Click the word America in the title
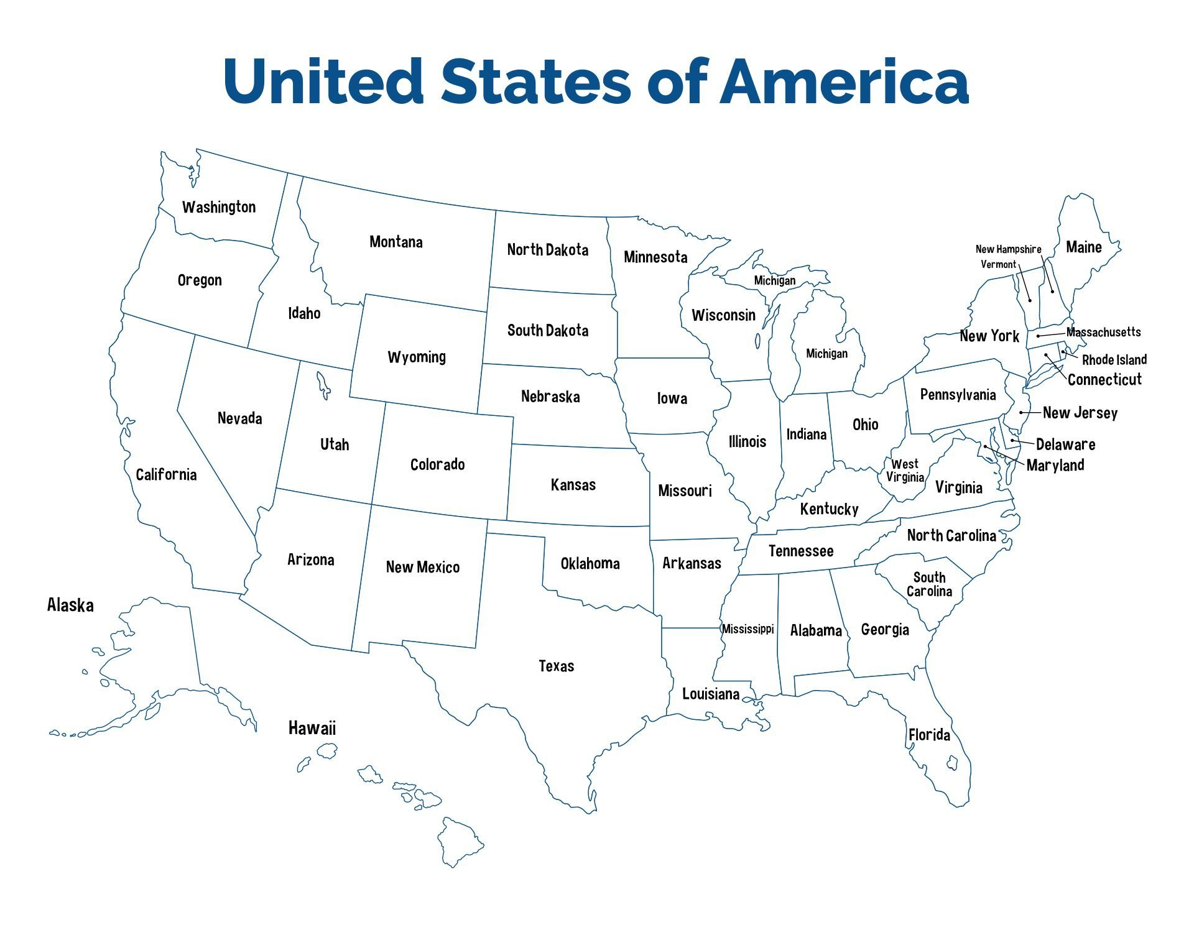point(844,81)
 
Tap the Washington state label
point(219,207)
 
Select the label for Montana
point(396,242)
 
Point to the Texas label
point(556,666)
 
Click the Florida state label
point(929,735)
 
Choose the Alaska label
point(70,605)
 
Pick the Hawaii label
point(312,728)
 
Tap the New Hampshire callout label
point(1008,249)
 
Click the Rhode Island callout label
point(1114,360)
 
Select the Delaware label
point(1065,444)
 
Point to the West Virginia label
point(905,471)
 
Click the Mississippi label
point(747,629)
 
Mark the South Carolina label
point(929,584)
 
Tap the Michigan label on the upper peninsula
point(774,280)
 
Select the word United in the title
point(324,81)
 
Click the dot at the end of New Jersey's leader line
point(1021,413)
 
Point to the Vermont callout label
point(998,264)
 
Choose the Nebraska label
point(550,397)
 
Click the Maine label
point(1083,247)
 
